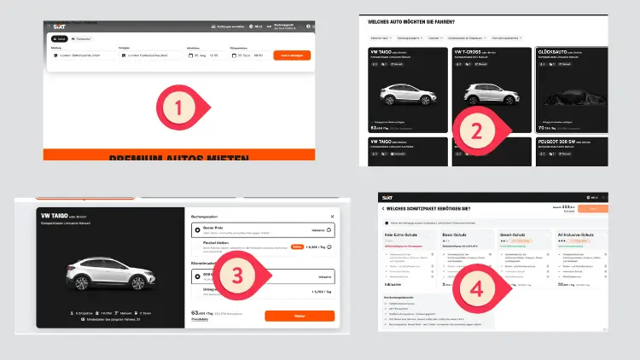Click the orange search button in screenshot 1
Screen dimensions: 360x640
[x=292, y=55]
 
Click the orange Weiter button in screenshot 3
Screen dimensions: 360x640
[x=299, y=316]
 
